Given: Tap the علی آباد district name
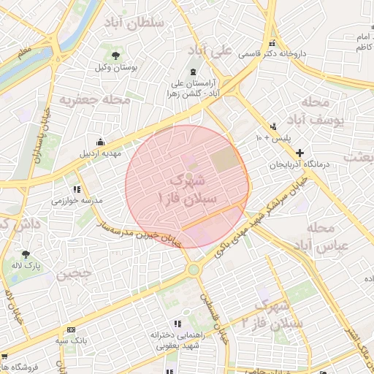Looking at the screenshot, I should [x=210, y=50].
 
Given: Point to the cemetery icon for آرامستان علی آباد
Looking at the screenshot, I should [x=192, y=72].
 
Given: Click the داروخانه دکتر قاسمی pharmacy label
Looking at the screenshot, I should [x=300, y=53].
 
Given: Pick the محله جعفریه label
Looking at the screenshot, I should [x=94, y=99].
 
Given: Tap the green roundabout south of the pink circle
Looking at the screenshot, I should [x=193, y=270].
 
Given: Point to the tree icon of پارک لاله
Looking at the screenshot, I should [x=26, y=255].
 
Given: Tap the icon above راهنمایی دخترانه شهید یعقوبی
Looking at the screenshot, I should [x=177, y=324].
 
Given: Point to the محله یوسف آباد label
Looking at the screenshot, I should [x=321, y=110].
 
